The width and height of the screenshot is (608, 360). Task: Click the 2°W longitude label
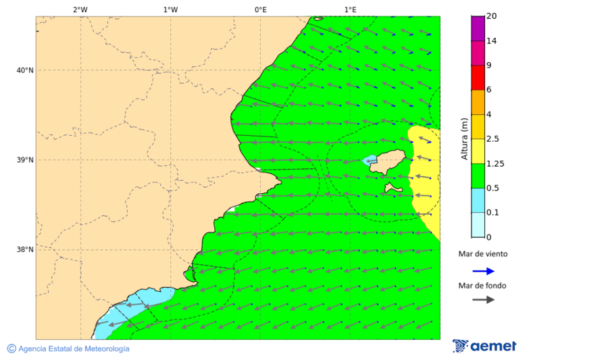tap(80, 9)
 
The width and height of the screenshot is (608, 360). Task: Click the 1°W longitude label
tap(170, 9)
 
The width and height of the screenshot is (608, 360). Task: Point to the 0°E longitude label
tap(260, 9)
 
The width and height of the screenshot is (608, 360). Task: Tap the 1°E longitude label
tap(350, 9)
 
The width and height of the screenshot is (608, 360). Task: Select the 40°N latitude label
tap(25, 70)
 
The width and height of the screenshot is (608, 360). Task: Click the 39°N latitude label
tap(25, 160)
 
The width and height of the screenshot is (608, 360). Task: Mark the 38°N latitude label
tap(25, 250)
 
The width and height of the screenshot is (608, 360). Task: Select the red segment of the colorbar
tap(478, 78)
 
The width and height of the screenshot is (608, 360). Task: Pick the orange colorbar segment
tap(478, 102)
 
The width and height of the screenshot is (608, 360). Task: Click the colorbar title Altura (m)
tap(464, 138)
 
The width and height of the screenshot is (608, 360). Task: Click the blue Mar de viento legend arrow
tap(483, 271)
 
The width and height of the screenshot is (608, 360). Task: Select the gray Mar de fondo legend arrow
tap(483, 300)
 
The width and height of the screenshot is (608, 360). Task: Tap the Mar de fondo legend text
tap(482, 285)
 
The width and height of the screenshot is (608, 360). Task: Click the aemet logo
tap(484, 346)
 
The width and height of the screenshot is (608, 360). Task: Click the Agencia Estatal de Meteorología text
tap(73, 349)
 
